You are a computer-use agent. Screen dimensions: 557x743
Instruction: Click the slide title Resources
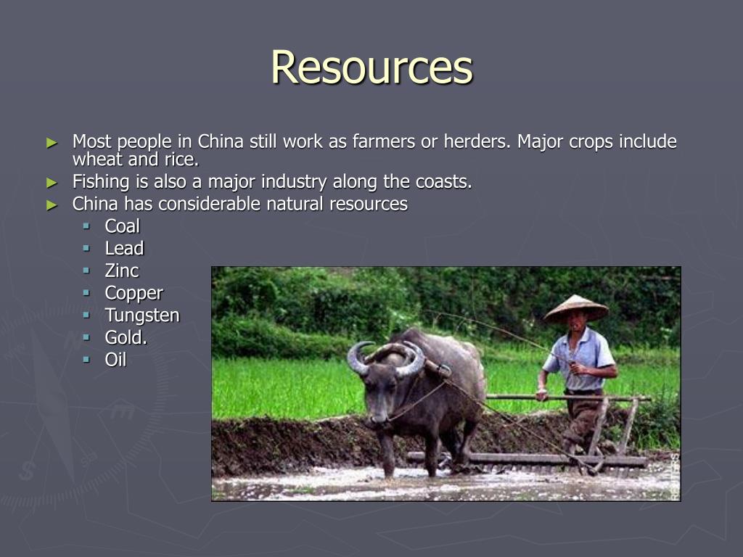[371, 67]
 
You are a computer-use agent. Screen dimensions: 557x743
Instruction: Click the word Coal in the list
[122, 226]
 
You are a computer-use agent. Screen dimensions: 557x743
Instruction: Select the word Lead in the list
[124, 249]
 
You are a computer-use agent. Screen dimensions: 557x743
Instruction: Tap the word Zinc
[122, 271]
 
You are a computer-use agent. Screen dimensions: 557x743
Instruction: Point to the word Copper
[134, 294]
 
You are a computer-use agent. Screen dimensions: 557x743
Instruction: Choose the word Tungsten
[142, 315]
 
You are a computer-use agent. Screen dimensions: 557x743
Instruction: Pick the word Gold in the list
[125, 337]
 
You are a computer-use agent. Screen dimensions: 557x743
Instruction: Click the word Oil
[115, 359]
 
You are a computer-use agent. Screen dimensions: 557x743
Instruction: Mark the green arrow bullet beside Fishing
[52, 182]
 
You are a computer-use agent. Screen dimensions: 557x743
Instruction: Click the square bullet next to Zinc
[86, 271]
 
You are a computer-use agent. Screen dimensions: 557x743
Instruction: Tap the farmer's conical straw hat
[576, 308]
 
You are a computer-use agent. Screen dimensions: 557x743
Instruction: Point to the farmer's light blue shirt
[585, 352]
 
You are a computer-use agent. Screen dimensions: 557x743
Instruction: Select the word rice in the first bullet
[180, 160]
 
